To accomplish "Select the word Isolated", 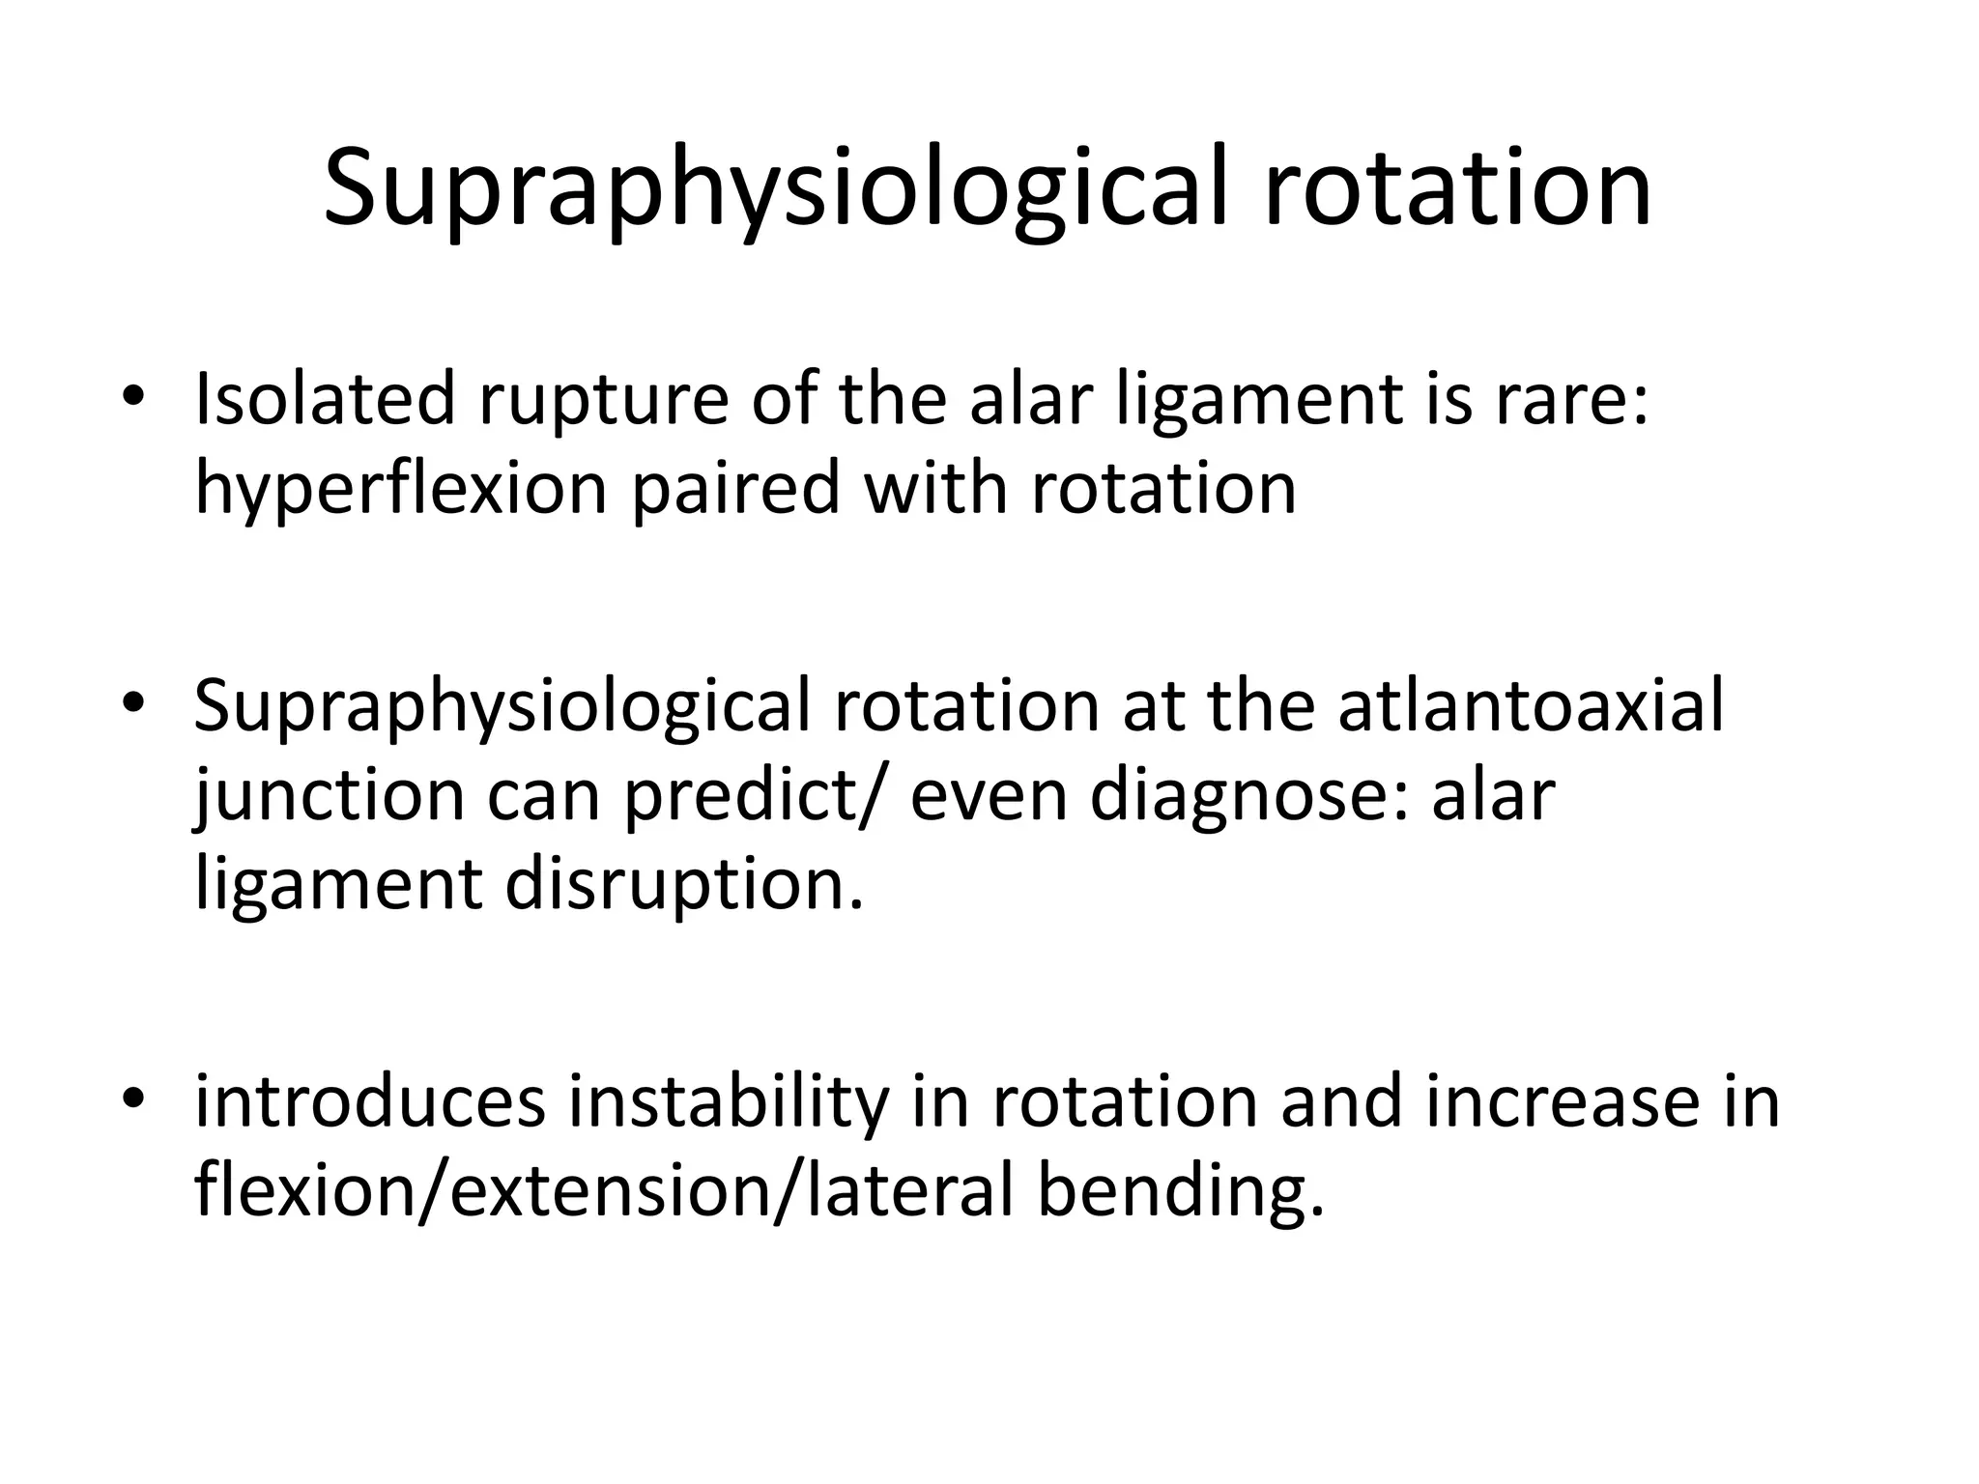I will [324, 399].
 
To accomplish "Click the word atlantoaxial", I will [1531, 706].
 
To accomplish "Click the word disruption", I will [682, 884].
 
